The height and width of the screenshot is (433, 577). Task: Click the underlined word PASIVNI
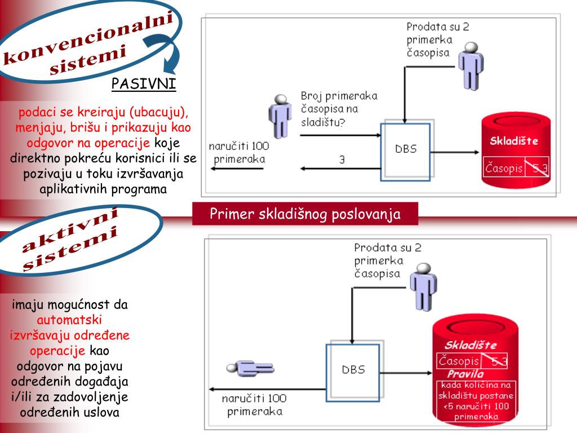click(143, 85)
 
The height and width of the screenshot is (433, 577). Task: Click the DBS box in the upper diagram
click(405, 151)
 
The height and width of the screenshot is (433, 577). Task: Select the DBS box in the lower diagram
click(353, 370)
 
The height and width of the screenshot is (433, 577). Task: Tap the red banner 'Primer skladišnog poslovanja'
click(305, 214)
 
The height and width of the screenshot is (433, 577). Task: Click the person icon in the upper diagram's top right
click(470, 65)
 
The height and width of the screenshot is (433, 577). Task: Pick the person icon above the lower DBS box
click(423, 288)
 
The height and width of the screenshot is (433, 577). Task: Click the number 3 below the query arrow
click(341, 160)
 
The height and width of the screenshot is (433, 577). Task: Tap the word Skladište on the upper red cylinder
click(513, 141)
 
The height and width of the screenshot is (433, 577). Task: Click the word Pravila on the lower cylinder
click(465, 374)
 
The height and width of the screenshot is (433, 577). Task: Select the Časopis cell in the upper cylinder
click(504, 168)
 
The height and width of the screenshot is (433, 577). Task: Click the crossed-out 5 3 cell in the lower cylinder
click(495, 361)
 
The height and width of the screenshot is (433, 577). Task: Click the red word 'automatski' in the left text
click(69, 320)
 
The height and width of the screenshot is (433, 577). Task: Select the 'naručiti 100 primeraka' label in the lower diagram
click(254, 405)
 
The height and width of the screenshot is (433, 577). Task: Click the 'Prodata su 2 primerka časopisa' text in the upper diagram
click(437, 39)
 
